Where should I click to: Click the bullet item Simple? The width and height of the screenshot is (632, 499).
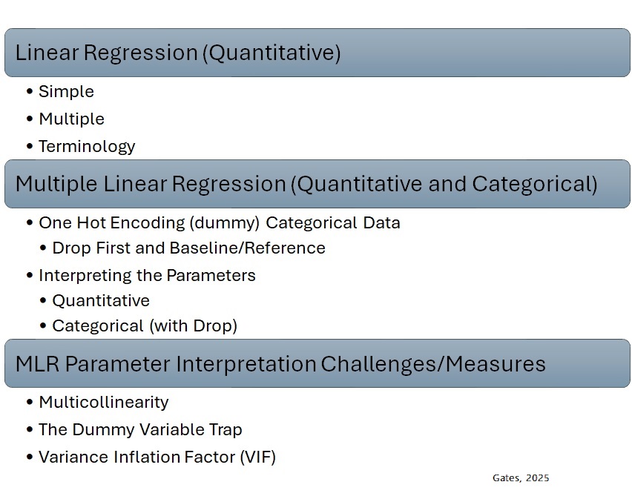pyautogui.click(x=66, y=92)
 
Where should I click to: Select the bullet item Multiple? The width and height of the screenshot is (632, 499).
pyautogui.click(x=71, y=119)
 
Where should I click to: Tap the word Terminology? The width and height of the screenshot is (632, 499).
pyautogui.click(x=87, y=147)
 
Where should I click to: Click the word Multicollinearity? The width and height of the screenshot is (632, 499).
pyautogui.click(x=104, y=403)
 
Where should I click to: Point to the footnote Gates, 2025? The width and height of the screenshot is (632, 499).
pyautogui.click(x=521, y=478)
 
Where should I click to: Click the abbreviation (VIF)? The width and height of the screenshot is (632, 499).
pyautogui.click(x=258, y=457)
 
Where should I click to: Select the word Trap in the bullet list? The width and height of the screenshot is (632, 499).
pyautogui.click(x=226, y=430)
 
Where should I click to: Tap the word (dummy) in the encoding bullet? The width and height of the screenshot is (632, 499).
pyautogui.click(x=225, y=223)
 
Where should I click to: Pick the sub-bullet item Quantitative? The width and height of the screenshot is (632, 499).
pyautogui.click(x=101, y=301)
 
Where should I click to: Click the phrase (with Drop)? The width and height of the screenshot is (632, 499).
pyautogui.click(x=193, y=325)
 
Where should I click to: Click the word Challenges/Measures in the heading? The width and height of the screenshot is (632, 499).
pyautogui.click(x=433, y=363)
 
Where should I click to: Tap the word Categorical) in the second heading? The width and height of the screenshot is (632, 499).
pyautogui.click(x=535, y=184)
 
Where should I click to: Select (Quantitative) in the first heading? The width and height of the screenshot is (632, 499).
pyautogui.click(x=271, y=53)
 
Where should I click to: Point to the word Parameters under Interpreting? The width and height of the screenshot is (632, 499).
pyautogui.click(x=211, y=276)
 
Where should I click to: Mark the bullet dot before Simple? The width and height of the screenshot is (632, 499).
pyautogui.click(x=30, y=91)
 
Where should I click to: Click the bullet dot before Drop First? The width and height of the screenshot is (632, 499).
pyautogui.click(x=43, y=248)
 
